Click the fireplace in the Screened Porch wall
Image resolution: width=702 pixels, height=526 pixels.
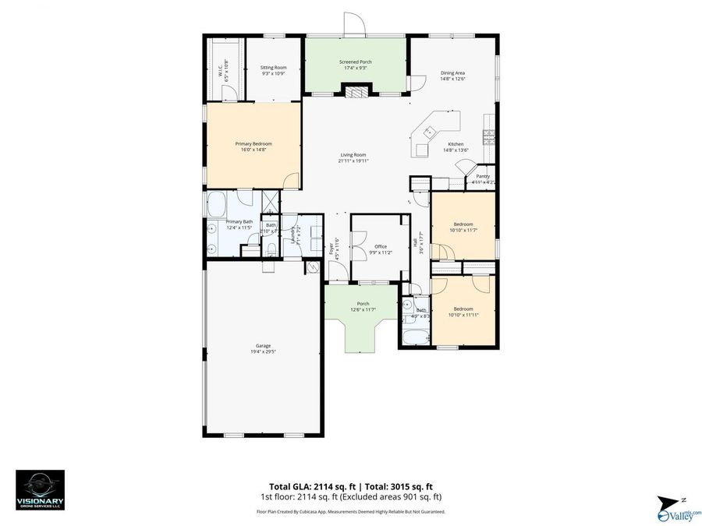[355, 91]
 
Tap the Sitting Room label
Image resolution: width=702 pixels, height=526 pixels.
[273, 68]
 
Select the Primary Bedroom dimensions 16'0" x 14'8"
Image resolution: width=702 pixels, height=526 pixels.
[253, 150]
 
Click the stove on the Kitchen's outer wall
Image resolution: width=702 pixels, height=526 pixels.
[489, 137]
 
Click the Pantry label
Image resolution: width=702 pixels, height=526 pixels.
[483, 176]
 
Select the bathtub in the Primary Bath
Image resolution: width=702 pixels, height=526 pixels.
[216, 205]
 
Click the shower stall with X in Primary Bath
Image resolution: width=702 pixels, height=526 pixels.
[271, 201]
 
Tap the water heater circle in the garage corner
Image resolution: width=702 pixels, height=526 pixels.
[314, 267]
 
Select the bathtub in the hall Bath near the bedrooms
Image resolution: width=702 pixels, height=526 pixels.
[414, 337]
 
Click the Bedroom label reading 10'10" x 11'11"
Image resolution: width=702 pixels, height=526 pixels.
[463, 312]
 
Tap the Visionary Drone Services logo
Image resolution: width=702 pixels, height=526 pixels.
[40, 489]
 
